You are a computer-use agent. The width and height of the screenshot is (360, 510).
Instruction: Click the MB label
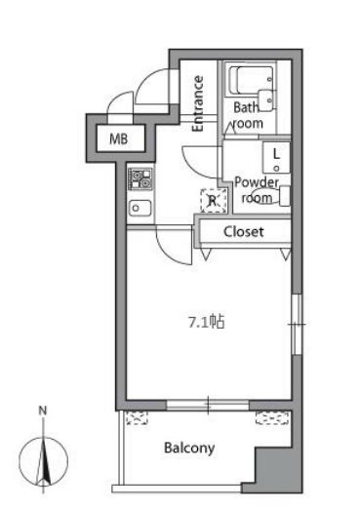[x=118, y=139]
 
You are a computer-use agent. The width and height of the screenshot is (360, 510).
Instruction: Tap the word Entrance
[x=198, y=103]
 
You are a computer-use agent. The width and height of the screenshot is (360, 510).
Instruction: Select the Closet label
[x=244, y=231]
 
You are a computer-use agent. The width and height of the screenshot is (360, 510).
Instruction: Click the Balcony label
[x=189, y=449]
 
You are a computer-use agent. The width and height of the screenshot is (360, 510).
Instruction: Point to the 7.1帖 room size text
[x=207, y=322]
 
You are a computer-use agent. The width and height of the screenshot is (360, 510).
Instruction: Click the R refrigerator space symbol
[x=214, y=201]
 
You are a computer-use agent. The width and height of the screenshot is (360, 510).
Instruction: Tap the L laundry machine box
[x=276, y=157]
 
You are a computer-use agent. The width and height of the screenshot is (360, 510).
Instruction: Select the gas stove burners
[x=140, y=178]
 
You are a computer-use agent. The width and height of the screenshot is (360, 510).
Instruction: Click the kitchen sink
[x=140, y=208]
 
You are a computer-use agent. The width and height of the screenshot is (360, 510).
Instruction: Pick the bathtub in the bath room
[x=250, y=81]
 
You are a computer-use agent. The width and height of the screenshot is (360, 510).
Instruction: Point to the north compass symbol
[x=43, y=462]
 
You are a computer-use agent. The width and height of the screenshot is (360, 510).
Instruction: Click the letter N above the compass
[x=43, y=411]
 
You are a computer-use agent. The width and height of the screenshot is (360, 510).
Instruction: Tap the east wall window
[x=297, y=325]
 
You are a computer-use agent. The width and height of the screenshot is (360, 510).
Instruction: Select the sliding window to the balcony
[x=208, y=406]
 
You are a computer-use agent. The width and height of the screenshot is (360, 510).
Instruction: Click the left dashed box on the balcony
[x=137, y=418]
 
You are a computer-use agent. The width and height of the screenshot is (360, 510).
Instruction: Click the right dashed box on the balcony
[x=272, y=418]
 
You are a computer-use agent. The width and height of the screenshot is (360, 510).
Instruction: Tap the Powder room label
[x=257, y=190]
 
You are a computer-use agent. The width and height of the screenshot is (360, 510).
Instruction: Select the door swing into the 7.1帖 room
[x=174, y=246]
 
